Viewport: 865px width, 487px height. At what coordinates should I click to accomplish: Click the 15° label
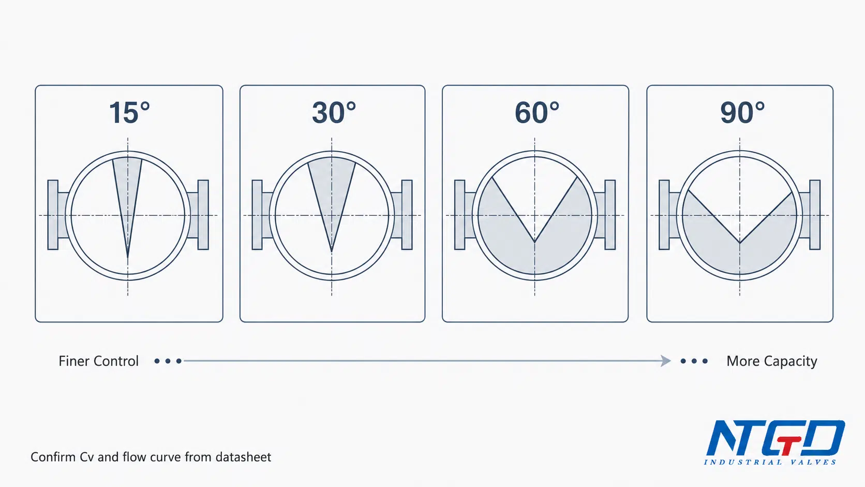coord(129,113)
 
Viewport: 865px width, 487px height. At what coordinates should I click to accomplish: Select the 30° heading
coord(334,113)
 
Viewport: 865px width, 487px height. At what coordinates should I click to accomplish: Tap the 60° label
coord(537,113)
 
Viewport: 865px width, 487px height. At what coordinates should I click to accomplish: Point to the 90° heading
coord(742,113)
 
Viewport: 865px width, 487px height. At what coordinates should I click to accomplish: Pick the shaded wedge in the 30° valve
coord(332,189)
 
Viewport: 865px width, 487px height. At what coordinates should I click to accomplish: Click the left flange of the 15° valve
coord(53,215)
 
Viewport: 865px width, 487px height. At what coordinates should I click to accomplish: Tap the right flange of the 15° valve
coord(203,215)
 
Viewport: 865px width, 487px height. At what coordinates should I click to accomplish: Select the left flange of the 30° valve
coord(257,215)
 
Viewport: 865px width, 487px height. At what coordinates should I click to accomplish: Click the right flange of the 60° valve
coord(610,215)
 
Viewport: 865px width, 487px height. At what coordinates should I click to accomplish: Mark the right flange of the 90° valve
coord(815,215)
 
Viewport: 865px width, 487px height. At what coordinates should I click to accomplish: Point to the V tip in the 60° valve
coord(535,242)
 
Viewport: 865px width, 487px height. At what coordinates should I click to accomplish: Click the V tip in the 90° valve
coord(740,243)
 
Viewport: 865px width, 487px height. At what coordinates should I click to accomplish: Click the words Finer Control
coord(98,361)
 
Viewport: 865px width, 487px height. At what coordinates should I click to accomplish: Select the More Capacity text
coord(772,361)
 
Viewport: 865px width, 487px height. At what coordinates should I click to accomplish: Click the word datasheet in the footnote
coord(243,457)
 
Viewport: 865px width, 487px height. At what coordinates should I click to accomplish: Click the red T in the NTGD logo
coord(788,445)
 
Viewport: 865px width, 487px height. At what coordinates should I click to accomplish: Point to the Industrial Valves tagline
coord(770,462)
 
